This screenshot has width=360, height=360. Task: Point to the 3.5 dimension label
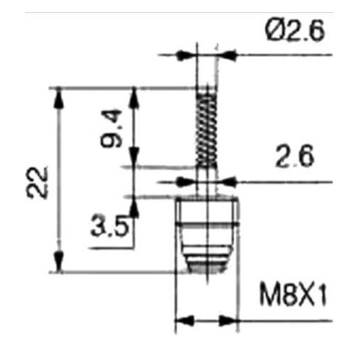tap(109, 228)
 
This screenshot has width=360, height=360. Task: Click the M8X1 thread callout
tap(292, 296)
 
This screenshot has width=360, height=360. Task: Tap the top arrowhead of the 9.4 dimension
tap(134, 95)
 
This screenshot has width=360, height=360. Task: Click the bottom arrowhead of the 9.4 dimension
tap(134, 160)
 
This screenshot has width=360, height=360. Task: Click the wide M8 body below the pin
tap(207, 223)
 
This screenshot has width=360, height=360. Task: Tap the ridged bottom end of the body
tap(207, 264)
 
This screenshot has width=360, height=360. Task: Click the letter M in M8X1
tap(267, 296)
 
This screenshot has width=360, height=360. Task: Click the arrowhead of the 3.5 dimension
tap(134, 202)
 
